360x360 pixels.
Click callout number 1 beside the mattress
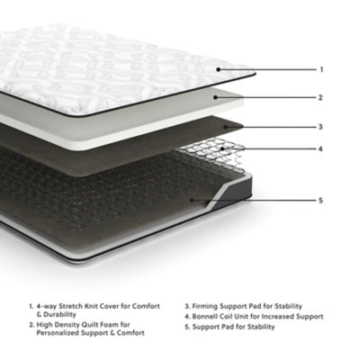(x=321, y=69)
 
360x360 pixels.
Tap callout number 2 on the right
(x=321, y=97)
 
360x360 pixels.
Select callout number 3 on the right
(x=321, y=127)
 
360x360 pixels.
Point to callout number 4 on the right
(x=321, y=148)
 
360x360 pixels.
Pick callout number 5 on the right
(x=321, y=200)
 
